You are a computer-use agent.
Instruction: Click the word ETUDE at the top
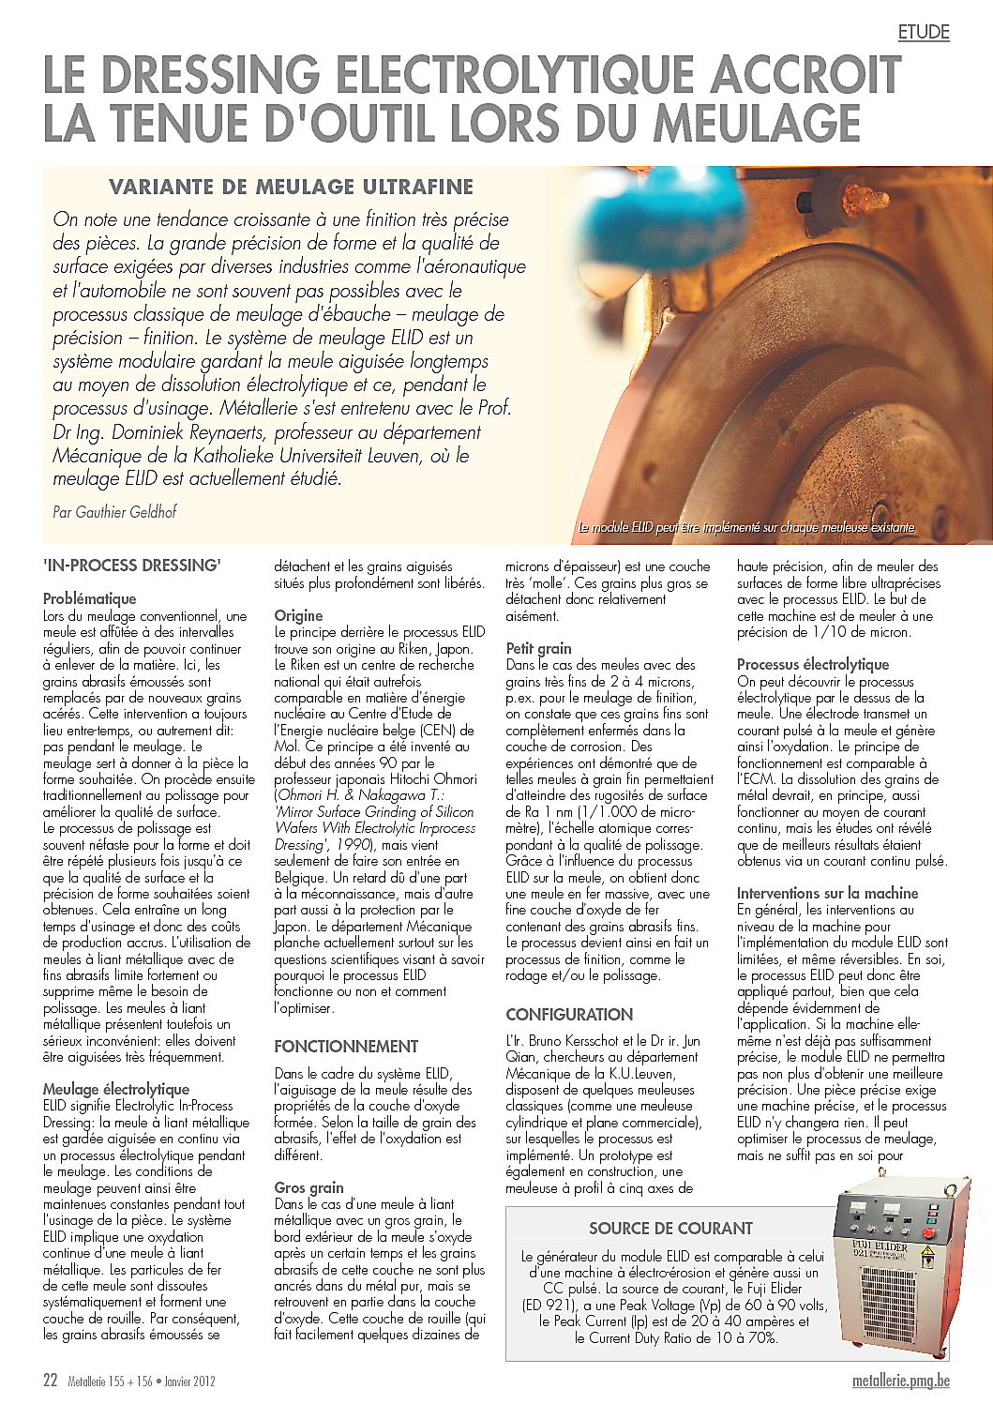pyautogui.click(x=924, y=32)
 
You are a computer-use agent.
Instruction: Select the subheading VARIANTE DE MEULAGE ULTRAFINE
pyautogui.click(x=291, y=186)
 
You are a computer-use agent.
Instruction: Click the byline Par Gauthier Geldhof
pyautogui.click(x=114, y=512)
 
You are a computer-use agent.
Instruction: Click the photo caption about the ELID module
pyautogui.click(x=746, y=528)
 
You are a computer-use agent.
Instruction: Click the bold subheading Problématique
pyautogui.click(x=90, y=598)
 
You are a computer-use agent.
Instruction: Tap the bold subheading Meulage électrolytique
pyautogui.click(x=116, y=1089)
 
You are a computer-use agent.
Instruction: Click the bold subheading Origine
pyautogui.click(x=298, y=615)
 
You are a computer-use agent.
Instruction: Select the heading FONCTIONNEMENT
pyautogui.click(x=346, y=1046)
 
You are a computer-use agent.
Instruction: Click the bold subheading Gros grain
pyautogui.click(x=308, y=1187)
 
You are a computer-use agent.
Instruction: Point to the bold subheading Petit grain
pyautogui.click(x=538, y=648)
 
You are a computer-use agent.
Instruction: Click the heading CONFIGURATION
pyautogui.click(x=569, y=1014)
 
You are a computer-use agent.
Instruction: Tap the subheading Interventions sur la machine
pyautogui.click(x=827, y=893)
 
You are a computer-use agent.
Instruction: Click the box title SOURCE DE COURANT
pyautogui.click(x=670, y=1228)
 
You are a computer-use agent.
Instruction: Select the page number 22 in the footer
pyautogui.click(x=51, y=1381)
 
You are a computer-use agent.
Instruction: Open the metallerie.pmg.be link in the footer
pyautogui.click(x=901, y=1381)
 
